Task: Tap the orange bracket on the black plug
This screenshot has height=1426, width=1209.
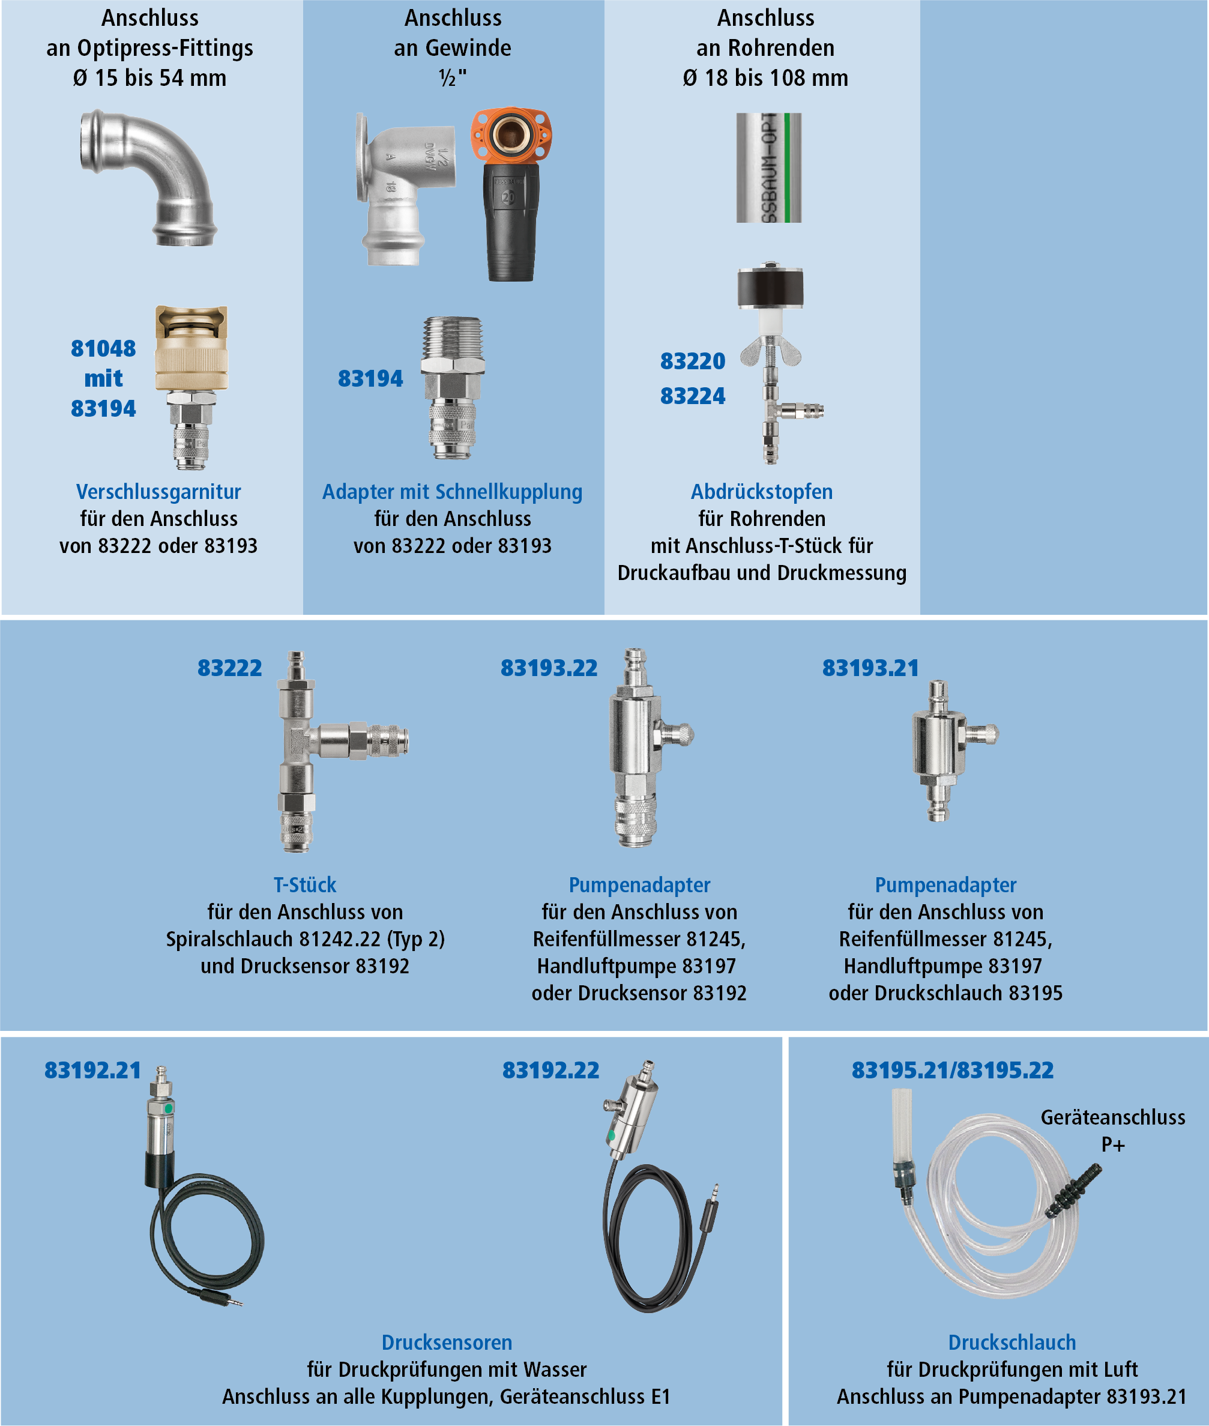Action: [512, 135]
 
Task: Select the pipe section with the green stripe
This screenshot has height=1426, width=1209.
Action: [769, 168]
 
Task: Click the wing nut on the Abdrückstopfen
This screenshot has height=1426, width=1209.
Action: [771, 352]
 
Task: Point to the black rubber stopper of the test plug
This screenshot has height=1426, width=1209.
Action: [770, 287]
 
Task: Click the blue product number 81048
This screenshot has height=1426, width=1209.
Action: [103, 348]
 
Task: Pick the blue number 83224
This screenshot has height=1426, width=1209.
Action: [692, 396]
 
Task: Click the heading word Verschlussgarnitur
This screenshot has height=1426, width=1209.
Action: [158, 492]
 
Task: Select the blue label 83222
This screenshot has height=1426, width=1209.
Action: [229, 668]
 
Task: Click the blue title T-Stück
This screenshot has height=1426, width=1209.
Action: [305, 884]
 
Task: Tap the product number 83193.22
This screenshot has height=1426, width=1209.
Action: [549, 668]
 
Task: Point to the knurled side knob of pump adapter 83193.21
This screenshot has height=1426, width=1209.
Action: [984, 734]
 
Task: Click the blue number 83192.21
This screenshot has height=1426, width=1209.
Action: [92, 1070]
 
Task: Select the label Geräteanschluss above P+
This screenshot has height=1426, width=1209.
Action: [1113, 1117]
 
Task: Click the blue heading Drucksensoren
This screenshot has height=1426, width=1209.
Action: [447, 1342]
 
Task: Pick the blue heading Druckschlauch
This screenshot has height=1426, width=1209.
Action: [1012, 1342]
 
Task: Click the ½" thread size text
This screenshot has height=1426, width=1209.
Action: [453, 78]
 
